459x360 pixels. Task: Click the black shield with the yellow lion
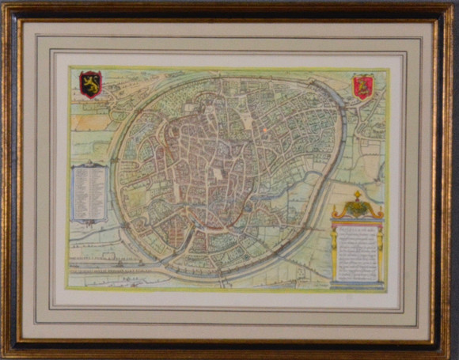[x=90, y=83]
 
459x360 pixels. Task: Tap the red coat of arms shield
[x=363, y=85]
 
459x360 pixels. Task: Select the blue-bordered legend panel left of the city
[x=89, y=192]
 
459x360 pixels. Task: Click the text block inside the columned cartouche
[x=357, y=252]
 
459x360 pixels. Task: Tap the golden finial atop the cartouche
[x=357, y=193]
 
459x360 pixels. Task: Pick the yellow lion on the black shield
[x=90, y=83]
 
